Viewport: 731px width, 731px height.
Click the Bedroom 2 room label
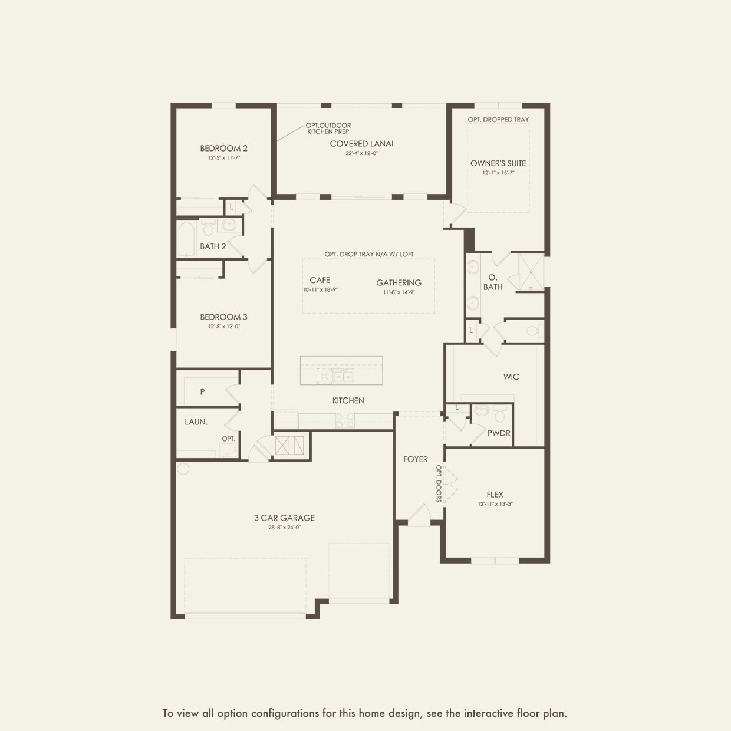223,149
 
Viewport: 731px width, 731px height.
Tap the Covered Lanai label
361,144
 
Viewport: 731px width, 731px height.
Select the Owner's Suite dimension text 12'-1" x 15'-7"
499,173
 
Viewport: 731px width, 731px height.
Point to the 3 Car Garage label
285,518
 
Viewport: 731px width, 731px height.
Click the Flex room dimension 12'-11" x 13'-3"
495,504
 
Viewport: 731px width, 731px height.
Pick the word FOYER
416,459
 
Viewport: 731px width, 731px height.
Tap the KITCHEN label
348,401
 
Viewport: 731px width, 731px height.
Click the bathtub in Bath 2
186,239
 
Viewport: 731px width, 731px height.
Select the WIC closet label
511,377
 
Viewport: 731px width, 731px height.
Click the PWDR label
499,433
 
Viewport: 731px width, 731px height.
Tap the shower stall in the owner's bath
531,271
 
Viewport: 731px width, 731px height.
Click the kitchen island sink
343,376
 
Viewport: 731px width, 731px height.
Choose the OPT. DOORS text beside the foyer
439,483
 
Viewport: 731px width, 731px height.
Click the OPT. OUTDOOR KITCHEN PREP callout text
328,128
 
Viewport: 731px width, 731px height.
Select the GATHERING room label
399,282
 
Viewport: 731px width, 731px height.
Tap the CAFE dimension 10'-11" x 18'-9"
320,290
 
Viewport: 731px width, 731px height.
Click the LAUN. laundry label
196,422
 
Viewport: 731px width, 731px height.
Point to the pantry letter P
202,392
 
